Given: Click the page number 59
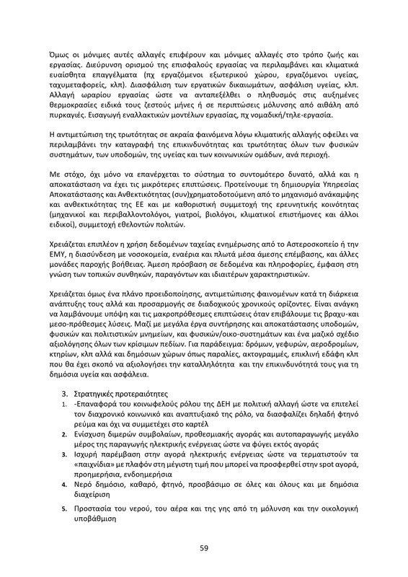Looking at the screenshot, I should point(204,547).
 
